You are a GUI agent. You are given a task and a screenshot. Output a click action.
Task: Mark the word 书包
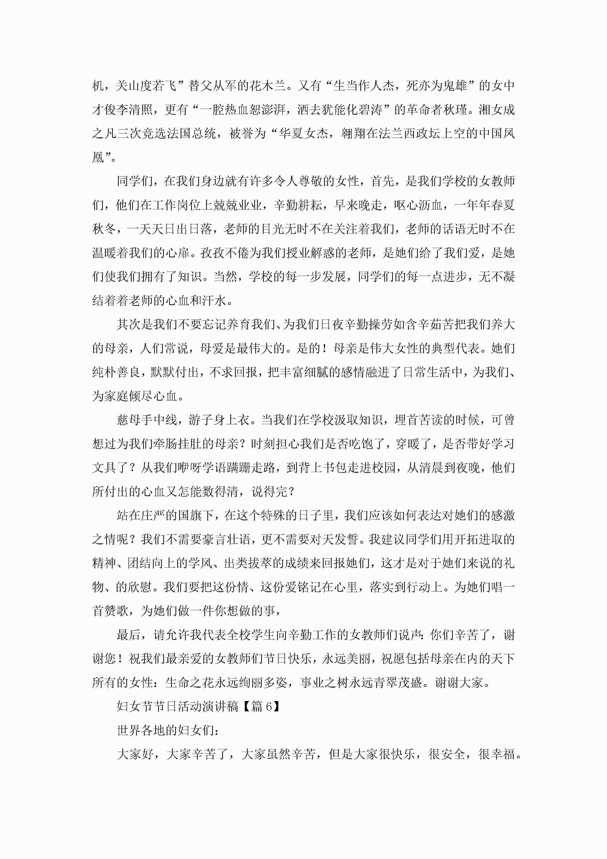click(x=335, y=468)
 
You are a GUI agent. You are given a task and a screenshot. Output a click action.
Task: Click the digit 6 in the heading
click(x=268, y=706)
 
